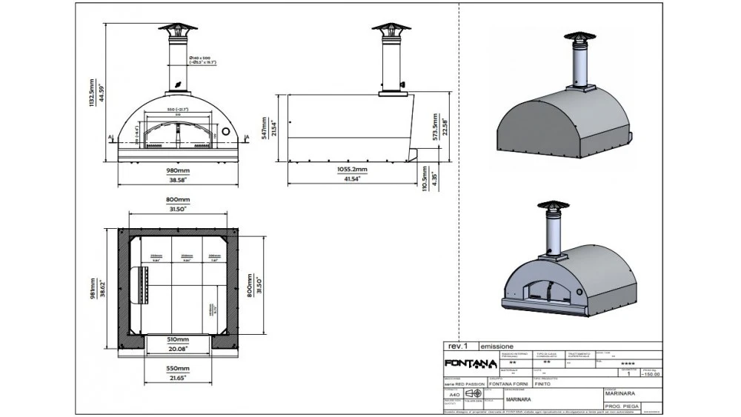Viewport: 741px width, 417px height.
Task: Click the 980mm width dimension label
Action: (177, 170)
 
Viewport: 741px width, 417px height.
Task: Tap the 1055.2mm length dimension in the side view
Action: (352, 170)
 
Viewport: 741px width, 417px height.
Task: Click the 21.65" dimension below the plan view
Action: (177, 377)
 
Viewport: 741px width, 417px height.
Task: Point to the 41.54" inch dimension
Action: (352, 179)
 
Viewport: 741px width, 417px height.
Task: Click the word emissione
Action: (496, 346)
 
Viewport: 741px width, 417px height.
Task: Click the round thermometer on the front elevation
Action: (225, 130)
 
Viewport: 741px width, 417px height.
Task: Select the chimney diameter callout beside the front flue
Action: (202, 60)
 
